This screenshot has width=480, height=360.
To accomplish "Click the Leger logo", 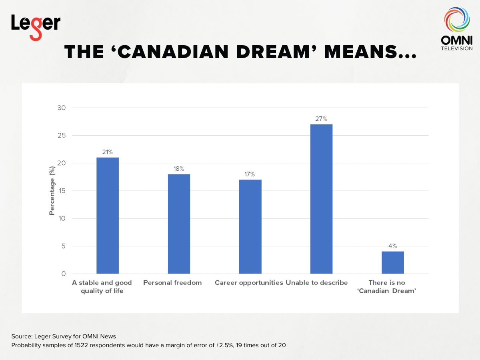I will (x=36, y=26).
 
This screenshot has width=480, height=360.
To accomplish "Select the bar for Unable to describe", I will (x=321, y=199).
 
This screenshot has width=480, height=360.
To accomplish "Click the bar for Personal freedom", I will (x=179, y=224).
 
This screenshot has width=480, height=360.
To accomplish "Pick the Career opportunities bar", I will (x=250, y=226).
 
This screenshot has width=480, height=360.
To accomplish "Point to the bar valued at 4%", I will (x=392, y=262).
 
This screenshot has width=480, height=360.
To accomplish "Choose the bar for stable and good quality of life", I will (x=108, y=215).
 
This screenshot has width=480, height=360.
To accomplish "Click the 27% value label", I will (x=321, y=119).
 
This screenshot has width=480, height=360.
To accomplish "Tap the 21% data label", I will (x=108, y=152).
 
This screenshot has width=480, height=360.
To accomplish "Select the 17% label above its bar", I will (x=250, y=174).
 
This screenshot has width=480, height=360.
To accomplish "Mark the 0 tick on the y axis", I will (x=63, y=274).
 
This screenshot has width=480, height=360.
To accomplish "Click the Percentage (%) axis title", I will (x=52, y=191).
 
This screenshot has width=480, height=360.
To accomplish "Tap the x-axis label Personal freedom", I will (x=172, y=283).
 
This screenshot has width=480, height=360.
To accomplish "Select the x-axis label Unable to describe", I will (x=316, y=283).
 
